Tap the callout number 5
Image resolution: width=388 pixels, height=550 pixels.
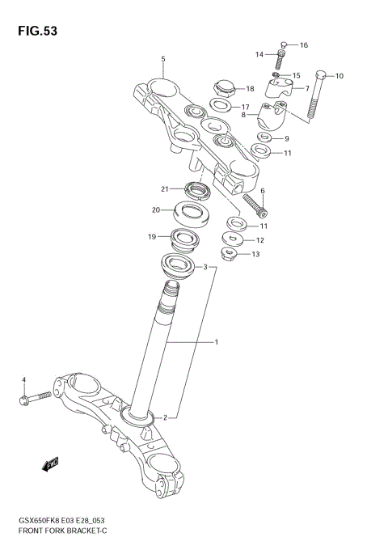pyautogui.click(x=162, y=59)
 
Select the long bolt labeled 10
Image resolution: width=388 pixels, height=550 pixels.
pyautogui.click(x=316, y=95)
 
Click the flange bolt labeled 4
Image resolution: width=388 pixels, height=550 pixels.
pyautogui.click(x=33, y=397)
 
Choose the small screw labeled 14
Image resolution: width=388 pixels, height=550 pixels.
pyautogui.click(x=280, y=59)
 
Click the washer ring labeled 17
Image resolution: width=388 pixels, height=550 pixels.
pyautogui.click(x=219, y=105)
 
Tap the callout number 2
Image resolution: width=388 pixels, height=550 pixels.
pyautogui.click(x=164, y=418)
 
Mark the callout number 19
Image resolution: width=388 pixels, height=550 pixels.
pyautogui.click(x=151, y=237)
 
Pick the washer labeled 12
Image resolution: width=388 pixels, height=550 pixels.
pyautogui.click(x=235, y=239)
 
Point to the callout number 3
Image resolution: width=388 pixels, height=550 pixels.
pyautogui.click(x=205, y=267)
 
